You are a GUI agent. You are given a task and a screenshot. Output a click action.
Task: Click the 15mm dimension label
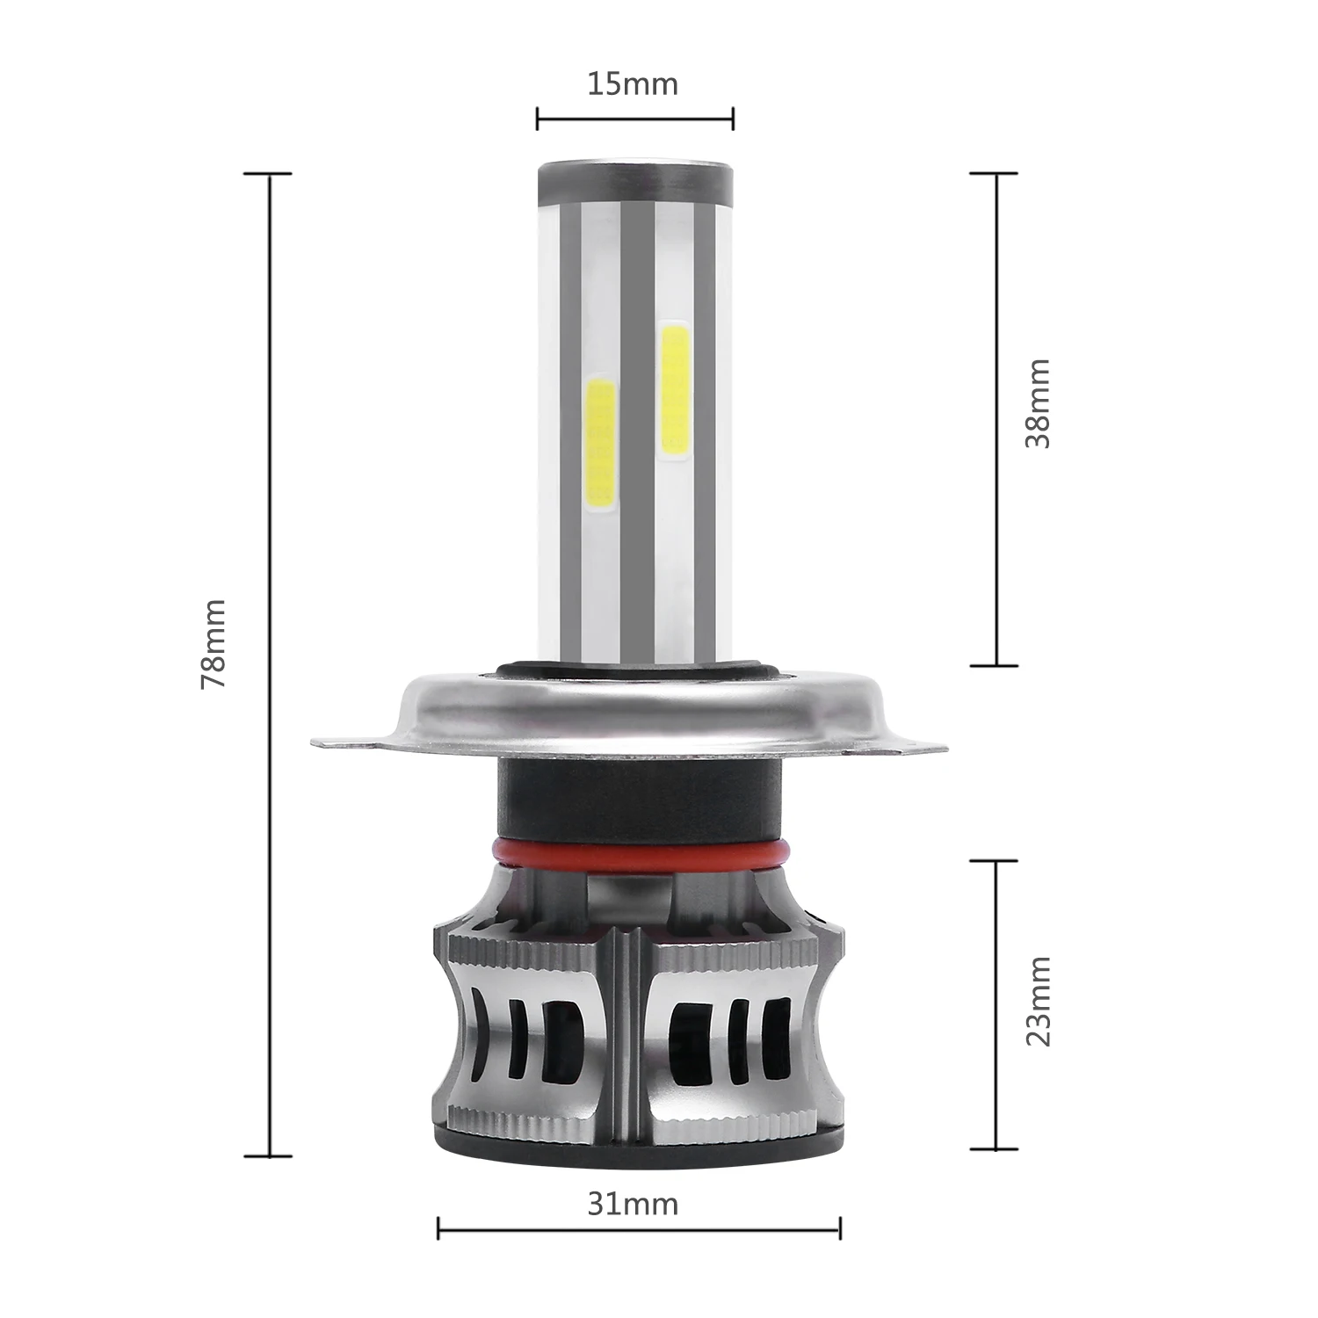coord(633,84)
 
